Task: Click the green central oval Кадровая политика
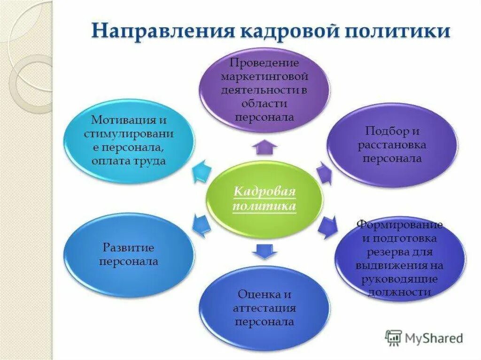(x=265, y=199)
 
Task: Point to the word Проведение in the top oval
(x=265, y=63)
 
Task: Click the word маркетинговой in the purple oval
(x=265, y=76)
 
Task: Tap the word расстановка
(x=392, y=145)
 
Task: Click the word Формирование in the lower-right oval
(x=400, y=225)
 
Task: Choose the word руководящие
(x=400, y=279)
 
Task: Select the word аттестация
(x=264, y=308)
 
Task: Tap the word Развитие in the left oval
(x=128, y=247)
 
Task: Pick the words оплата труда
(x=129, y=161)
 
